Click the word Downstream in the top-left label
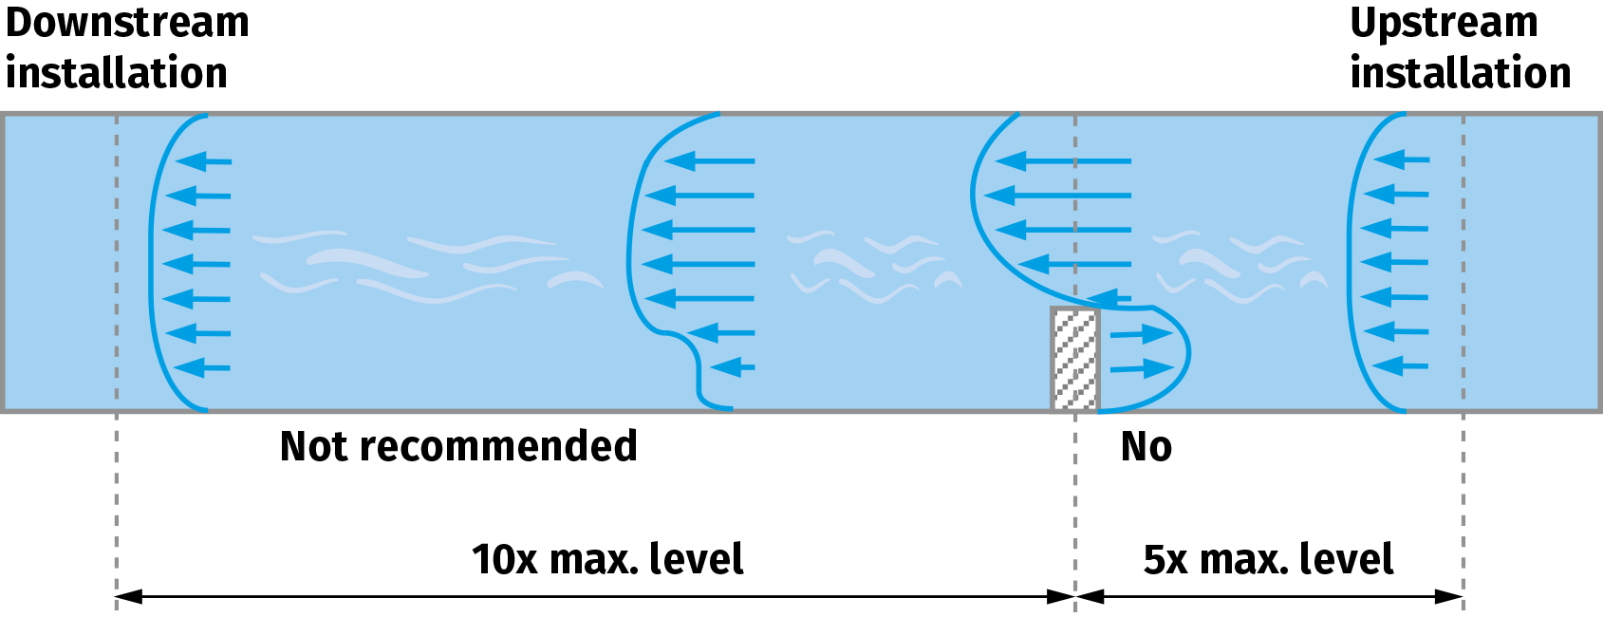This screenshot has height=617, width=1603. (x=127, y=23)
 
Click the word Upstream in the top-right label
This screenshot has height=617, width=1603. (x=1443, y=23)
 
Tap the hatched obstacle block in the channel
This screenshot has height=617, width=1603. (x=1074, y=359)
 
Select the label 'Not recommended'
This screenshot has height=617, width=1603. (x=458, y=446)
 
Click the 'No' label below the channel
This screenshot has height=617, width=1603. (x=1146, y=446)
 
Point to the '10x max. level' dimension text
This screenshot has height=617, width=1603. (x=607, y=559)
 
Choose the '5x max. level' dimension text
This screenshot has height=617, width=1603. (x=1268, y=559)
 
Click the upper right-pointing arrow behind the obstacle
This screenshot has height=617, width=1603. (x=1142, y=334)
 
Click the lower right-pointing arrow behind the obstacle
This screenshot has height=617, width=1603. (x=1142, y=368)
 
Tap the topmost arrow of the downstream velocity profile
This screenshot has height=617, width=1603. (x=203, y=161)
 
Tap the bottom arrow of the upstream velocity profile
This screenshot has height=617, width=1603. (x=1400, y=365)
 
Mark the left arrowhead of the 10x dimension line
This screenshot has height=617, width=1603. (x=128, y=597)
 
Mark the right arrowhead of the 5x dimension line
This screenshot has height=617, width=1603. (x=1449, y=597)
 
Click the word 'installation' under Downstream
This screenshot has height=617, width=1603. (x=117, y=74)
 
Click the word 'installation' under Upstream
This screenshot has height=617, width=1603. (x=1460, y=74)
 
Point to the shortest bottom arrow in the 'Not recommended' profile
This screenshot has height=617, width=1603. (x=732, y=366)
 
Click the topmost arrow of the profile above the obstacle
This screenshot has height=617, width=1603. (x=1063, y=161)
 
